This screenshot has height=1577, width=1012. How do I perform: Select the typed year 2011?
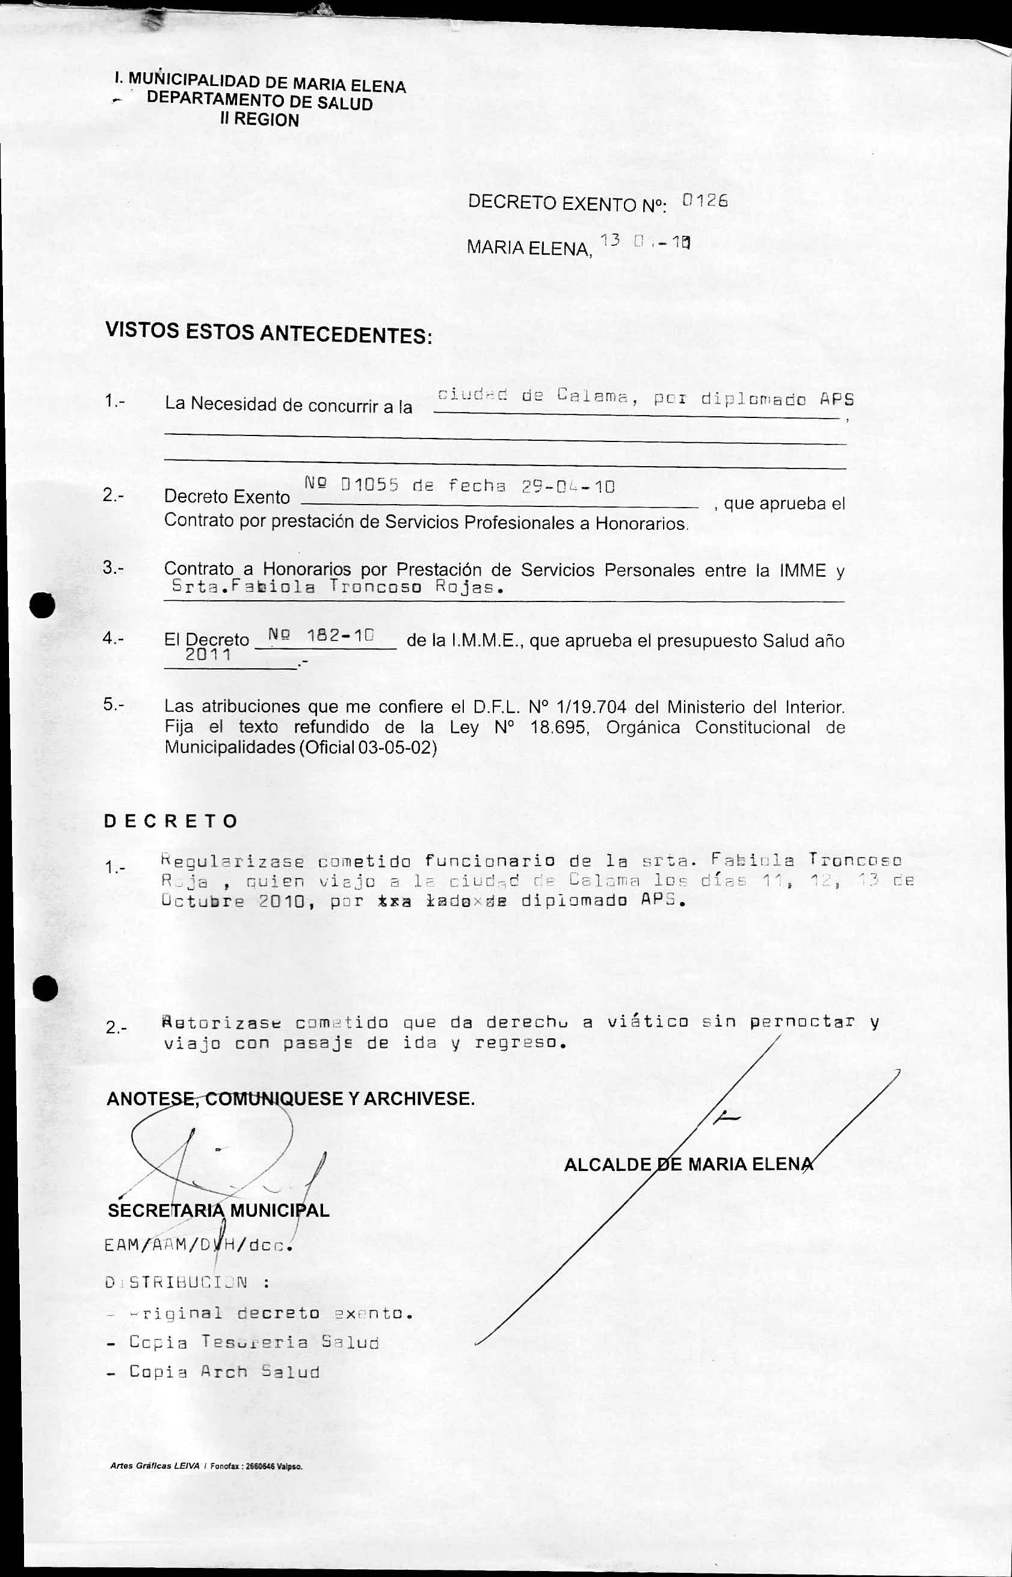pos(208,655)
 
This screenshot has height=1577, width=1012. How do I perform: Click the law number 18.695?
pos(558,727)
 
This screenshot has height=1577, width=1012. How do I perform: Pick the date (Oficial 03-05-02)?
pos(366,748)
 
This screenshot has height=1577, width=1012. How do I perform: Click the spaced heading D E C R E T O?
pos(170,821)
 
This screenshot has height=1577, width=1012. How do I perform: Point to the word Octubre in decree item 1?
pos(203,901)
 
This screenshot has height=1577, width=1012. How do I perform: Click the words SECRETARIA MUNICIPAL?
pos(218,1211)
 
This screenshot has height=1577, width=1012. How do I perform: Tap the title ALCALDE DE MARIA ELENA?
pos(688,1164)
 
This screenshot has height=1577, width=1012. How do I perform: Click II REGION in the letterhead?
pos(259,120)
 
